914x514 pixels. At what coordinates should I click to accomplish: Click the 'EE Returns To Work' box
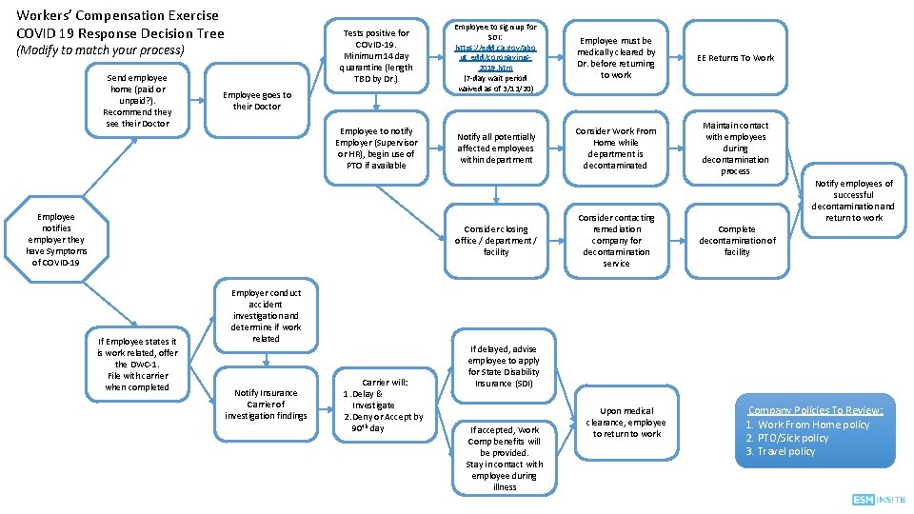coord(735,58)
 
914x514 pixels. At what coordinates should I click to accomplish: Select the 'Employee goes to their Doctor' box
coord(256,101)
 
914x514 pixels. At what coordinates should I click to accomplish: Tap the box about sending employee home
coord(137,101)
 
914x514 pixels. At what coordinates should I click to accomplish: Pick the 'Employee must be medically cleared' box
coord(616,58)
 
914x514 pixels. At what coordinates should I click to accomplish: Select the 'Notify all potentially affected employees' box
coord(496,148)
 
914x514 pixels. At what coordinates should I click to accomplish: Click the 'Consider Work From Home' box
coord(616,148)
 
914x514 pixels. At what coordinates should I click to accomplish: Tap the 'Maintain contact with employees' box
coord(735,148)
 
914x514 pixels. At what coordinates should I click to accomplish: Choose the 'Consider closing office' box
coord(496,241)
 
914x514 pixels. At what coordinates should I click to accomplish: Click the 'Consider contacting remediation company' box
coord(616,241)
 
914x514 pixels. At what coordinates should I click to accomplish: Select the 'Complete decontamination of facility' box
coord(736,241)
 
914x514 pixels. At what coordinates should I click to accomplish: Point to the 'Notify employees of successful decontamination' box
coord(853,201)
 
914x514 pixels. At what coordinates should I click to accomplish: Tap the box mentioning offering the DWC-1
coord(137,364)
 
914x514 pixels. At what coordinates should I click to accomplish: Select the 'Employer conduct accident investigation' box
coord(266,315)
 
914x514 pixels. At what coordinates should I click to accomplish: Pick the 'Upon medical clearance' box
coord(626,422)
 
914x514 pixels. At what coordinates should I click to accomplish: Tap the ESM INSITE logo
coord(879,500)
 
